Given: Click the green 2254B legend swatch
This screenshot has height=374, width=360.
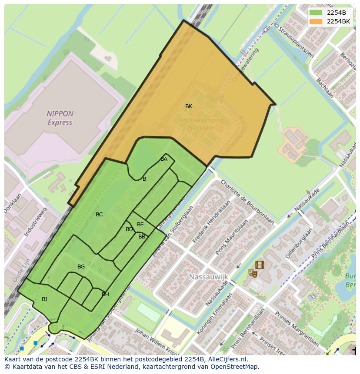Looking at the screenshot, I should (x=316, y=13).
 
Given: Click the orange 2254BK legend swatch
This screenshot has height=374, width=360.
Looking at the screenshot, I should (x=316, y=21).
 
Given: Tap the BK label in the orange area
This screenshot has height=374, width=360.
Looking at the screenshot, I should (x=188, y=106).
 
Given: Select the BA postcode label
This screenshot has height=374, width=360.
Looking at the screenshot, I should (x=163, y=159).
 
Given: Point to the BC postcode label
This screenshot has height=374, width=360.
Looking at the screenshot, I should (x=99, y=215).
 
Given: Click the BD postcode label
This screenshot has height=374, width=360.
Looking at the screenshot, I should (x=129, y=229).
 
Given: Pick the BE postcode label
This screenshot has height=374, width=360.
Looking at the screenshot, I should (x=140, y=225).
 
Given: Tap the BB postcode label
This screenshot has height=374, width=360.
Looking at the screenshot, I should (x=142, y=237).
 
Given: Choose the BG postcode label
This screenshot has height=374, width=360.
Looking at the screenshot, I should (x=81, y=267).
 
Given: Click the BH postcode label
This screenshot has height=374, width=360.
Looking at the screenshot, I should (x=105, y=295).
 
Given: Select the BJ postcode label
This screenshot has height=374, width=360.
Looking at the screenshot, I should (x=44, y=299).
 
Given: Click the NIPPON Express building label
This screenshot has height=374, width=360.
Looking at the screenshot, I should (x=60, y=118).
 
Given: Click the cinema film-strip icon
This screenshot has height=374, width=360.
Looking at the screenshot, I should (x=260, y=265).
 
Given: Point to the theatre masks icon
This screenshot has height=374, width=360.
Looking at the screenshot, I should (x=252, y=273).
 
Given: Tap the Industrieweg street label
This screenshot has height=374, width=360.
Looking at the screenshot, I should (x=35, y=222).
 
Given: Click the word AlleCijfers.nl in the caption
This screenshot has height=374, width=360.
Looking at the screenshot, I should (x=226, y=359).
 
